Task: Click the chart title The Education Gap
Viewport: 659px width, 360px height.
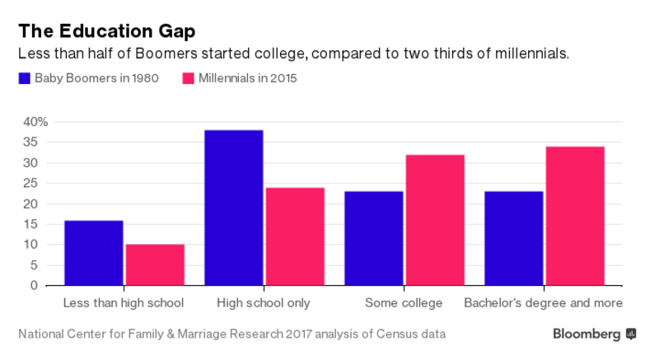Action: (107, 31)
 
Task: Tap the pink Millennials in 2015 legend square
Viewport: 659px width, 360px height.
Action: (187, 79)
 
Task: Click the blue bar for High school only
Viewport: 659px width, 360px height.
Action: (234, 208)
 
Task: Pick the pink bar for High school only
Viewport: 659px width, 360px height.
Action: (295, 236)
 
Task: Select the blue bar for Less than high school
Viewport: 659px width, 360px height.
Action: (93, 253)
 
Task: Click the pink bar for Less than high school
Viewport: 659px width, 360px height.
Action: (155, 265)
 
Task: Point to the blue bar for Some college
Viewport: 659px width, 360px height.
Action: (374, 239)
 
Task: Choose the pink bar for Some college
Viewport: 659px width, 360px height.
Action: (435, 220)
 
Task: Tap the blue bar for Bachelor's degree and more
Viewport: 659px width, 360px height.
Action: (514, 239)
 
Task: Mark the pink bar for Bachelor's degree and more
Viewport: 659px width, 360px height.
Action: (575, 216)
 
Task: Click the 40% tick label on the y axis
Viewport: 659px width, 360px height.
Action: (35, 122)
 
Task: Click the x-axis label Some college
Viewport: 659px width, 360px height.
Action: (404, 303)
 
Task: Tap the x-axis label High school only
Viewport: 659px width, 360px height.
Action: (264, 303)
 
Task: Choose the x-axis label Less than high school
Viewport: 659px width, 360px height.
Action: (124, 303)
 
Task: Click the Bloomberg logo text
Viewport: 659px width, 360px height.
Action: (587, 334)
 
